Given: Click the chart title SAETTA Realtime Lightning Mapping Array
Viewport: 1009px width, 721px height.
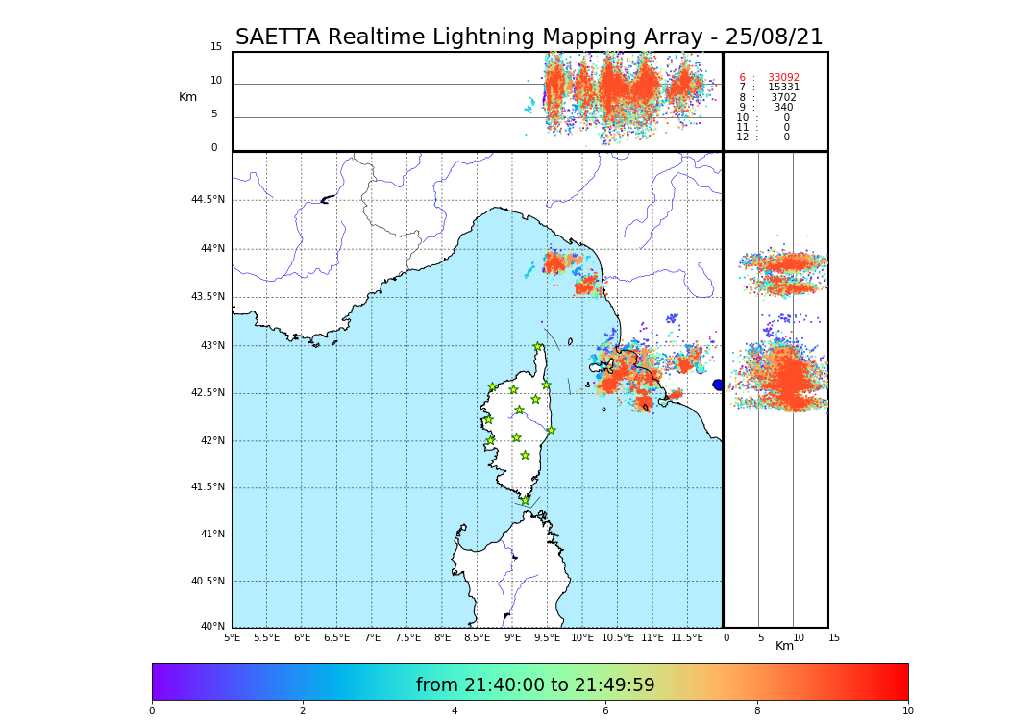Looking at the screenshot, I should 529,37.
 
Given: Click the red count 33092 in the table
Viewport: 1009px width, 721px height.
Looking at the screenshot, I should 783,78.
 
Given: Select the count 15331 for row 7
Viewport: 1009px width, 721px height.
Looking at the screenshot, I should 783,87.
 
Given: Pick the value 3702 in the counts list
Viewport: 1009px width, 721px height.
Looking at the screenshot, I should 783,98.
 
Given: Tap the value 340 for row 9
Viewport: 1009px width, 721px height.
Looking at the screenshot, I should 783,108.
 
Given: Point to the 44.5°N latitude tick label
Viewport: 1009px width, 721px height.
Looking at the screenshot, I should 208,200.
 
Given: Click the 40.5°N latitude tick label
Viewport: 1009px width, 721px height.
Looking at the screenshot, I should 208,582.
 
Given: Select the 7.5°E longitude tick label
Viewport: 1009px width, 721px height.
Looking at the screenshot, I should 407,637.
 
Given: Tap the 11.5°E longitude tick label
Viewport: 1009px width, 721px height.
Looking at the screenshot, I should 687,637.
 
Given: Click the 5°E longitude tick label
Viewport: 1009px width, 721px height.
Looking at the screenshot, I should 233,637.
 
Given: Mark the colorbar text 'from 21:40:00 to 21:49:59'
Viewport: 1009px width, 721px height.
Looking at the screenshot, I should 535,685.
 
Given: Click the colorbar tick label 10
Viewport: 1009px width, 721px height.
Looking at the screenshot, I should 907,711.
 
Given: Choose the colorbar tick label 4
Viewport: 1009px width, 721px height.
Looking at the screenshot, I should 455,711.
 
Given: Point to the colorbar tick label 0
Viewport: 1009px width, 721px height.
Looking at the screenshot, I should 152,711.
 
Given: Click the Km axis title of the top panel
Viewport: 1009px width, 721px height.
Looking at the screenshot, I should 187,97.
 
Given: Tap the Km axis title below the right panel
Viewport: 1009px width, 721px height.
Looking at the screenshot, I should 785,646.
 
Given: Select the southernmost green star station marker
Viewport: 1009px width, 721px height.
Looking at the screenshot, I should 525,500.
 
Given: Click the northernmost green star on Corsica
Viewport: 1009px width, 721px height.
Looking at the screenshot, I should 538,347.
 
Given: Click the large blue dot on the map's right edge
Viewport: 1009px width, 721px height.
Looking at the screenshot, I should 718,385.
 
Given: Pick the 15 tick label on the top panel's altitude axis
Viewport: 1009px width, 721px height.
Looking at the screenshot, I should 216,47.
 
